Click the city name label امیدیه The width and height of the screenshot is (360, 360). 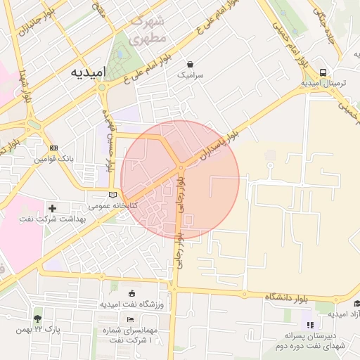87,72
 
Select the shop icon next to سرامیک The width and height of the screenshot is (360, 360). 190,63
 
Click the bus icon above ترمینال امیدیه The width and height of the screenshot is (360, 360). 322,72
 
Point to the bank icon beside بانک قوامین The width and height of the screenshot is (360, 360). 54,148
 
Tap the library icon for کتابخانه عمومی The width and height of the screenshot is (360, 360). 113,195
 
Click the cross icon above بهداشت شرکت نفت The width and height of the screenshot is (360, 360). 53,208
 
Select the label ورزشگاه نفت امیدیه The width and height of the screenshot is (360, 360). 131,304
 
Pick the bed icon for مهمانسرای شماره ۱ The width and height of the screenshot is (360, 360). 131,320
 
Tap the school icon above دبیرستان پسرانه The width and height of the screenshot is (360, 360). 310,324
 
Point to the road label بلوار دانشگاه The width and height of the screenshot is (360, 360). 289,297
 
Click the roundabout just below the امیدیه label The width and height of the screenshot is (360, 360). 103,87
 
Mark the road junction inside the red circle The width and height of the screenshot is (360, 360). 181,167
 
